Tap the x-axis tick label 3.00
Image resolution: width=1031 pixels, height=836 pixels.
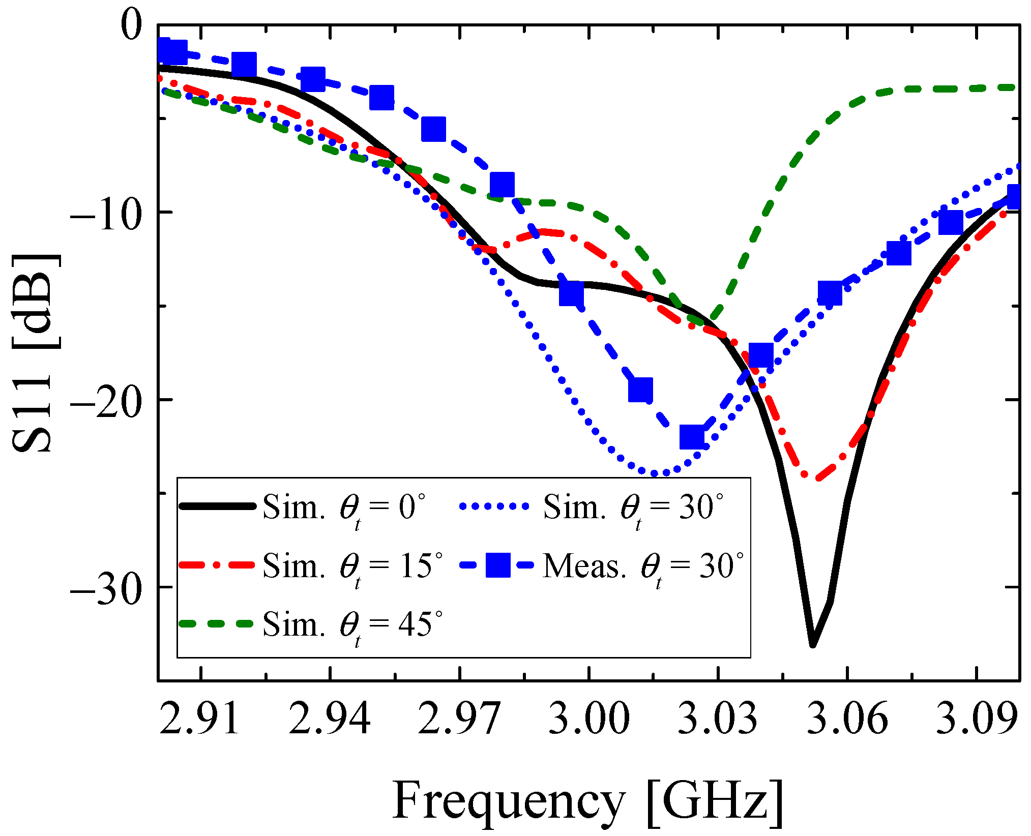pos(589,719)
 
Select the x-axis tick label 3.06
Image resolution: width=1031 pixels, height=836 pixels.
pos(847,719)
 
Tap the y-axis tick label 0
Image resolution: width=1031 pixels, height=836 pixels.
pos(131,26)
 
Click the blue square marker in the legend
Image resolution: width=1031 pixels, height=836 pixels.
pos(497,565)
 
